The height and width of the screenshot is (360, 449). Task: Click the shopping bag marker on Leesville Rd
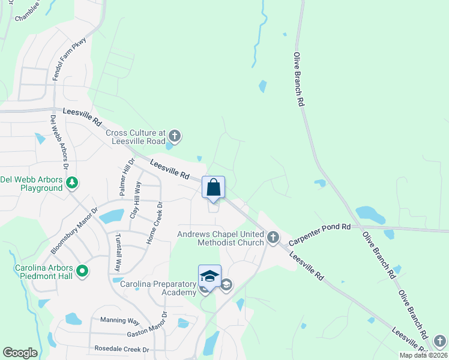213,188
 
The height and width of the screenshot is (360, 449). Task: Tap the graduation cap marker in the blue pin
209,276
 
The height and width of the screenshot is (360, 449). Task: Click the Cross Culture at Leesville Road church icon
175,134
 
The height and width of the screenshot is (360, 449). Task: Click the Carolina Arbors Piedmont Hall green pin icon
82,271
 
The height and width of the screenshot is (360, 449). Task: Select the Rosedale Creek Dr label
121,349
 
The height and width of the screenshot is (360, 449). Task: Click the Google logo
20,353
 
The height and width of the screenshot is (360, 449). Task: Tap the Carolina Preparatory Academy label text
158,287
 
